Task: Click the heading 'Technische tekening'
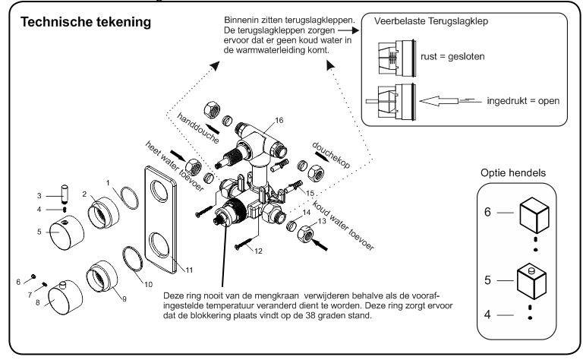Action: [x=87, y=22]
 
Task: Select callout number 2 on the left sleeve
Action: [x=86, y=194]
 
